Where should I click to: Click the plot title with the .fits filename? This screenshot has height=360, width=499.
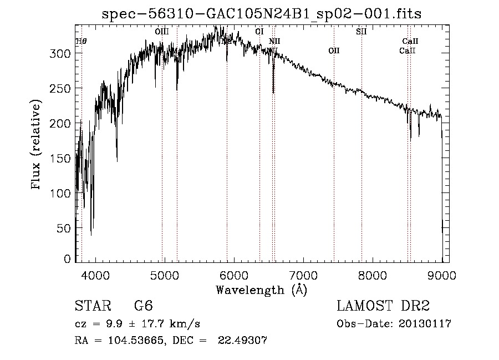coord(262,14)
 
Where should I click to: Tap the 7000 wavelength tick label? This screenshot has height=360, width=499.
coord(303,275)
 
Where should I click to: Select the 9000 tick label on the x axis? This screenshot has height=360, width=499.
coord(441,275)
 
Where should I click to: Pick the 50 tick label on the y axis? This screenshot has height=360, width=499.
coord(65,228)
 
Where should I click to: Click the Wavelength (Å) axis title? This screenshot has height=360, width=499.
coord(261,290)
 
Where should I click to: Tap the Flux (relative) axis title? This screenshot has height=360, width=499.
coord(37,145)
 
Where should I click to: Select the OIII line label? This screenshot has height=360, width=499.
coord(162,32)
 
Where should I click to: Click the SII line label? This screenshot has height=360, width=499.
coord(361,32)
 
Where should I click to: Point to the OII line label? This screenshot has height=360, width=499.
coord(334,51)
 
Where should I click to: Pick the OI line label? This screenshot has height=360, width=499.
coord(259,32)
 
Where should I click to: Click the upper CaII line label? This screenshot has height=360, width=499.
coord(410,41)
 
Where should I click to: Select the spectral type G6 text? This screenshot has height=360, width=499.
coord(143,306)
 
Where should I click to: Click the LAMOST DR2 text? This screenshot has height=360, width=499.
coord(383,306)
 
